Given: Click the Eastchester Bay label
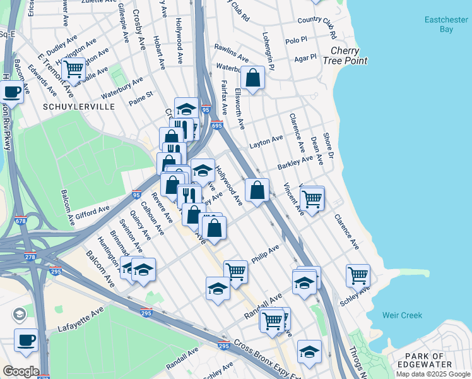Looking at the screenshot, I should [445, 25].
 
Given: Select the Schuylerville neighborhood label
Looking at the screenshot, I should [79, 106].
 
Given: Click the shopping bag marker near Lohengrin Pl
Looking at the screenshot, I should [252, 78].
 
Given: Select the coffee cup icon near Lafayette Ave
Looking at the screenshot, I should [26, 340].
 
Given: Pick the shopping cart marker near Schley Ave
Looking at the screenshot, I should [358, 275].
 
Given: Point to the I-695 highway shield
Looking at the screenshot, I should [216, 125].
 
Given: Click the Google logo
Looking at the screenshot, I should [21, 371].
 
